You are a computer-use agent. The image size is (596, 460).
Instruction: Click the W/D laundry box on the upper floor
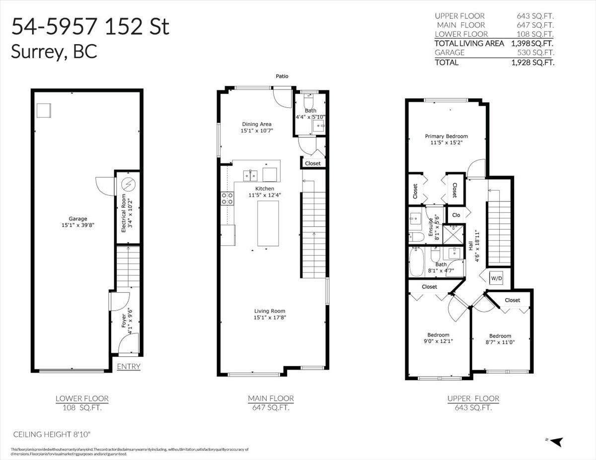496,279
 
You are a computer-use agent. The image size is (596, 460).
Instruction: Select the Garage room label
78,218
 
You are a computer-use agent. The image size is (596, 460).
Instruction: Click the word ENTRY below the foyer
128,367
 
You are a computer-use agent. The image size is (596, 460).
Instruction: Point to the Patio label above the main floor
282,76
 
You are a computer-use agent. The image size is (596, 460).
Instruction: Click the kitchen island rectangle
268,223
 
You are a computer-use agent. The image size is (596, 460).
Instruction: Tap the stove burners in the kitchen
227,198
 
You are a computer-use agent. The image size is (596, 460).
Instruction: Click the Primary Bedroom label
446,136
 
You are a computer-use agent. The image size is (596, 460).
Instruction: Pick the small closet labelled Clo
455,215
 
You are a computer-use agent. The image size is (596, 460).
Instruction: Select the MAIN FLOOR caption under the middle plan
271,398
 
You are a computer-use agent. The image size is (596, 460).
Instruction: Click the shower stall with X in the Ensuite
452,234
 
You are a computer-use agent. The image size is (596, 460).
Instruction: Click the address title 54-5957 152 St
90,27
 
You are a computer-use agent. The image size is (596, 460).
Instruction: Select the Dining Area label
257,124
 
